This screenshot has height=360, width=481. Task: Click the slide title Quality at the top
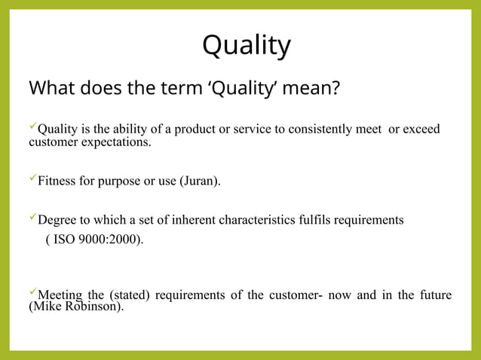pos(246,47)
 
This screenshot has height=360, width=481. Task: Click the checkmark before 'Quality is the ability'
pos(32,127)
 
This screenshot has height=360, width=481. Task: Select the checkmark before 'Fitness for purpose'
pos(32,179)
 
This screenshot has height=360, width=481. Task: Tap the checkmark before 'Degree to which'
pos(32,218)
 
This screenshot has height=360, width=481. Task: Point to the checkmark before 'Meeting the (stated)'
pos(32,292)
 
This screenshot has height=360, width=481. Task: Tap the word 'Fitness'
pos(57,182)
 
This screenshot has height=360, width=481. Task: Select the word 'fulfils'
pos(320,221)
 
